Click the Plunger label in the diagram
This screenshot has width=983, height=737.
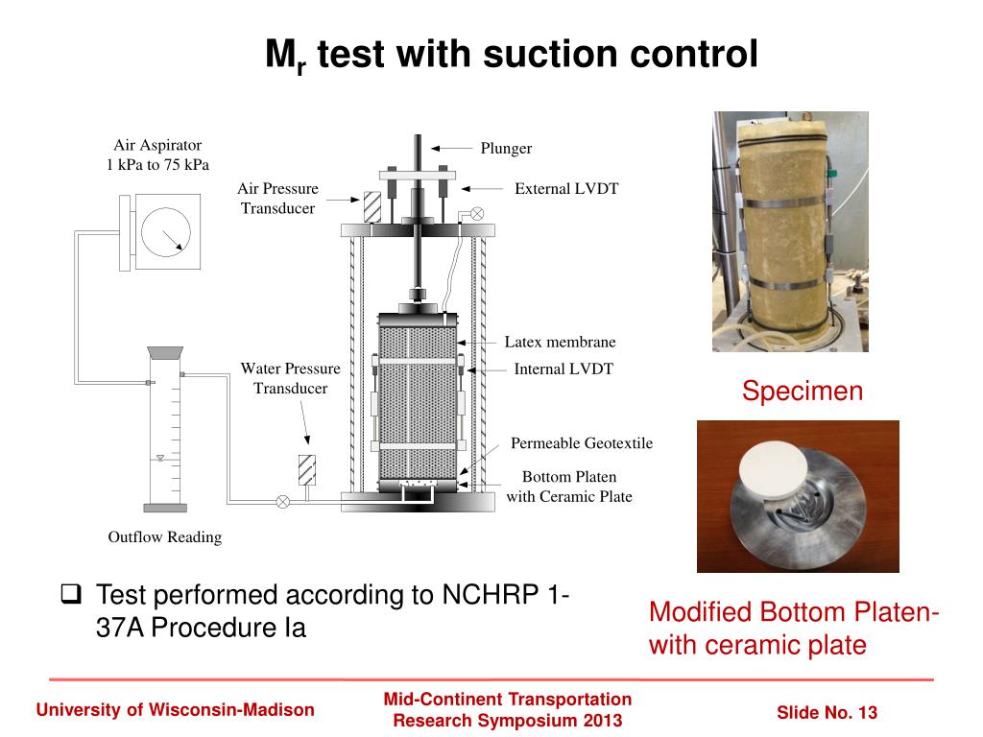tap(506, 148)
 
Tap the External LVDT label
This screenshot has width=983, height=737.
tap(566, 188)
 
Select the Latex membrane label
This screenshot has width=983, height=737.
tap(560, 342)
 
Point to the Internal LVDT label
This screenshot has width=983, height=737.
tap(563, 368)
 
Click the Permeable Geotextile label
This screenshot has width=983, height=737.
tap(582, 442)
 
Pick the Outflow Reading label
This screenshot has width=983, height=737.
tap(164, 536)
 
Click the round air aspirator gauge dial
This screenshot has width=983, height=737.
tap(165, 231)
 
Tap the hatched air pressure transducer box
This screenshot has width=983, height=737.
tap(373, 206)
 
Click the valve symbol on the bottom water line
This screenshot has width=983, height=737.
tap(282, 500)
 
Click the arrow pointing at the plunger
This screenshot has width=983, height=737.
tap(447, 148)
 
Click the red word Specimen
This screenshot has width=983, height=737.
tap(803, 391)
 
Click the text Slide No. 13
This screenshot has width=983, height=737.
tap(827, 712)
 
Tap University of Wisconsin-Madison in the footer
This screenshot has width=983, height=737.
tap(175, 710)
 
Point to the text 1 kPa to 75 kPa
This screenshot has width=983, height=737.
tap(157, 164)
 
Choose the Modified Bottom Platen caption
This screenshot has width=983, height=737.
tap(794, 612)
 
